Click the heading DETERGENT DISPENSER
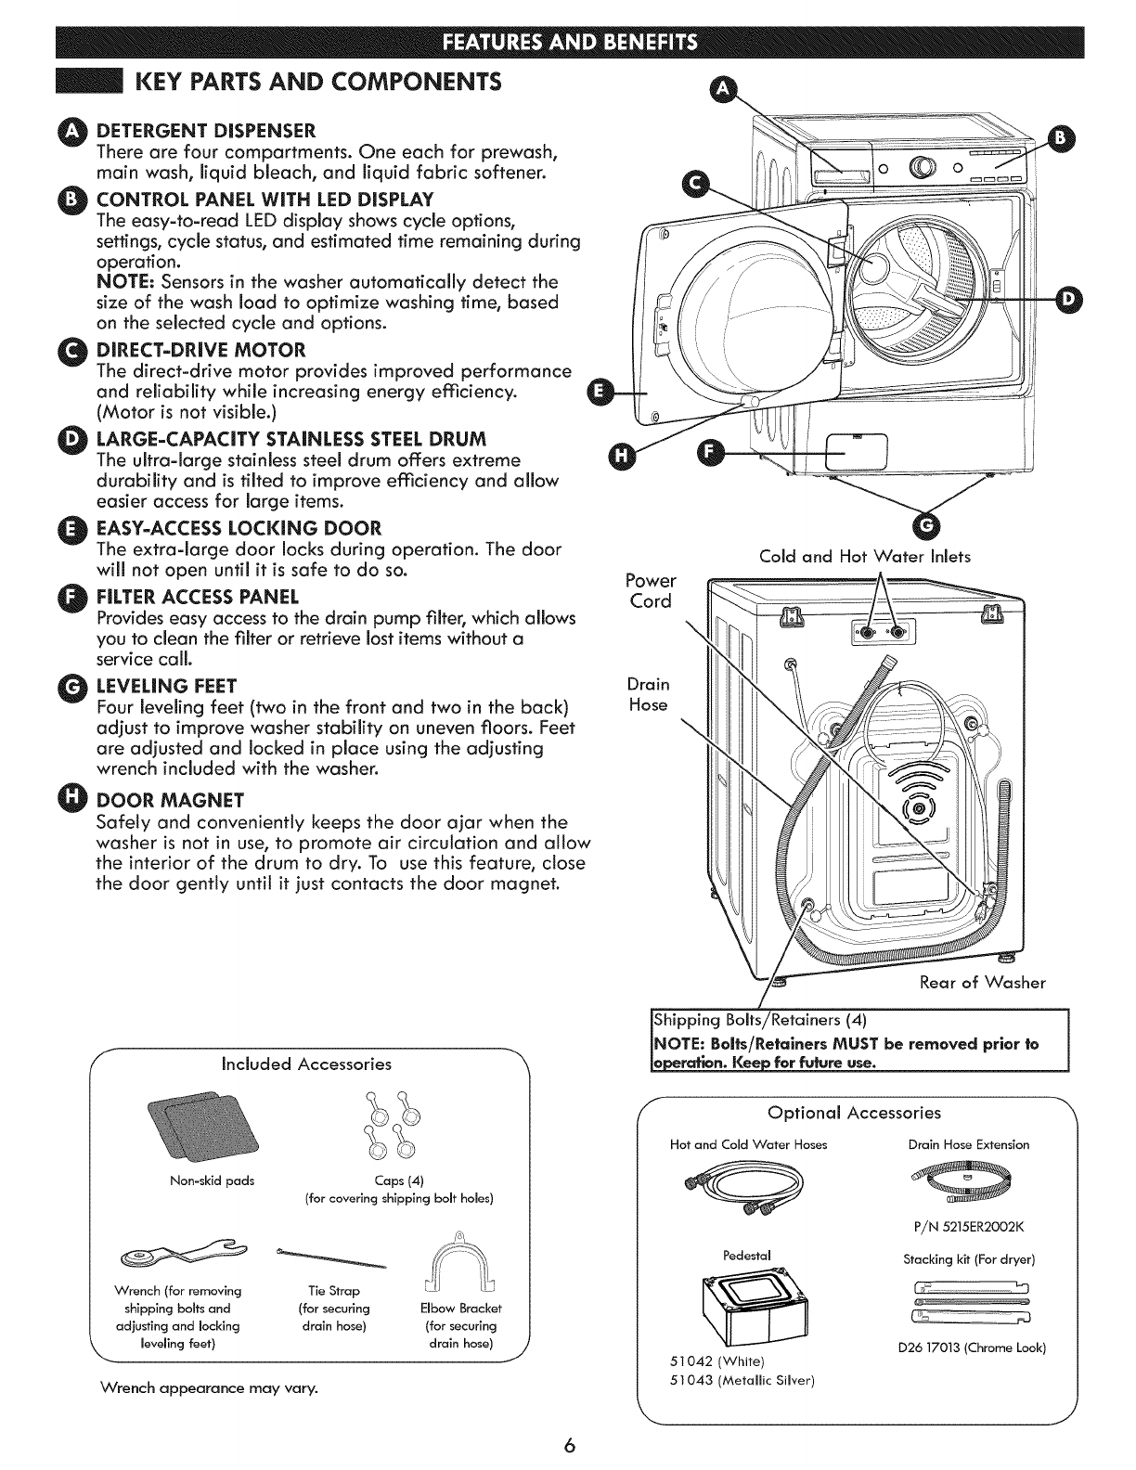click(206, 128)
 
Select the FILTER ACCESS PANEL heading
click(198, 595)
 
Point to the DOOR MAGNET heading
click(171, 800)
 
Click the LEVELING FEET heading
click(167, 687)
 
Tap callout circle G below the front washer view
click(927, 526)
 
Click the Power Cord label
click(651, 590)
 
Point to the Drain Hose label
click(648, 694)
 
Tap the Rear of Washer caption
click(983, 983)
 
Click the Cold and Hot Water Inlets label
click(864, 557)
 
